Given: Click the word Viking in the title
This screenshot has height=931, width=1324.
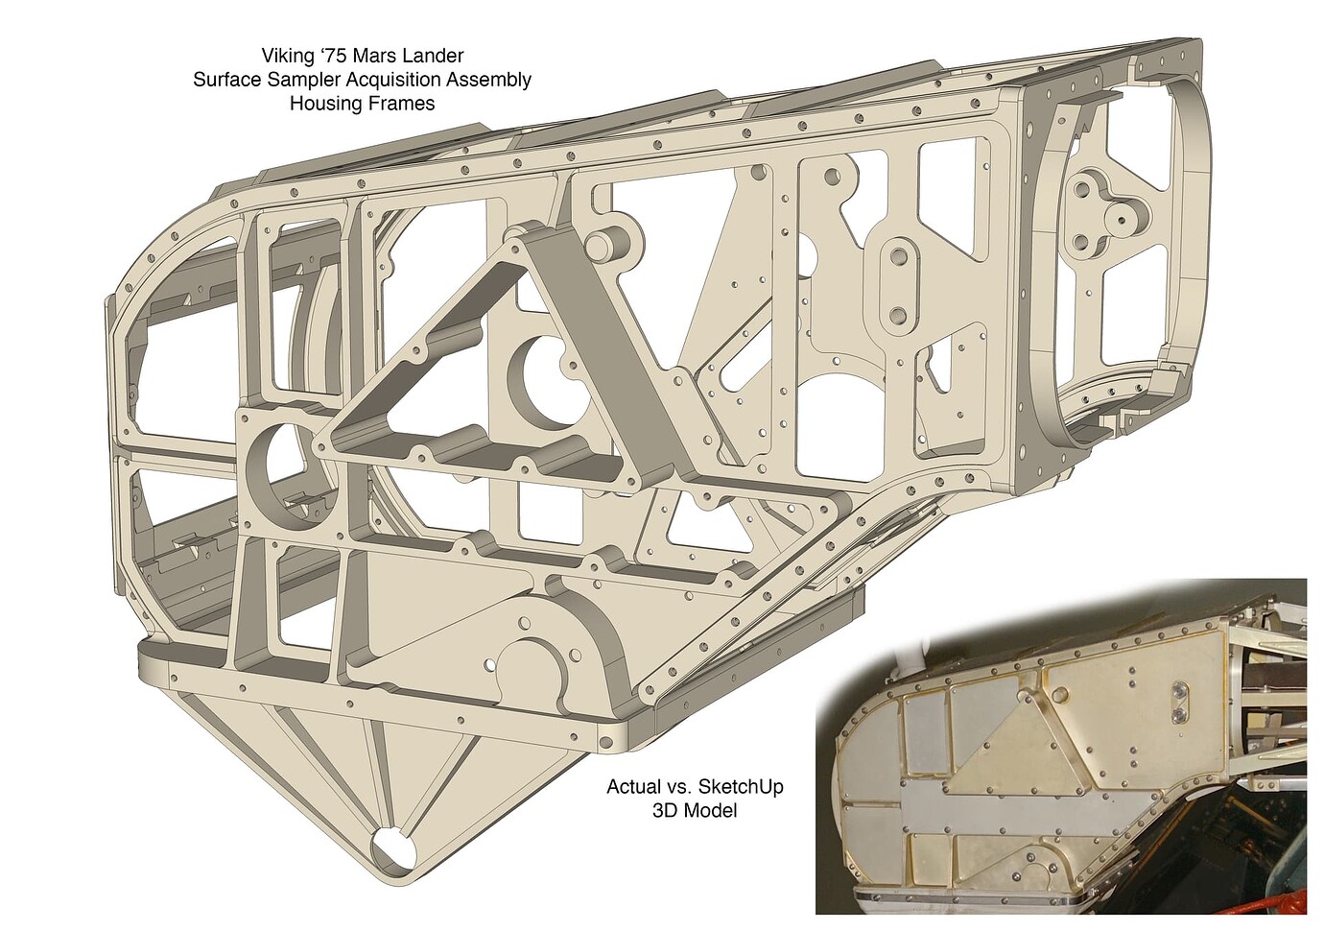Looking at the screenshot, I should [287, 56].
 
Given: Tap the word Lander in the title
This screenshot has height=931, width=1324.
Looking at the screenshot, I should [434, 56].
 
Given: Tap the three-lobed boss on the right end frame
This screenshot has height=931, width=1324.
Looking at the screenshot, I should [1104, 216].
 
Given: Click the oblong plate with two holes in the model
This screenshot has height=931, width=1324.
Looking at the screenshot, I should [898, 283].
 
